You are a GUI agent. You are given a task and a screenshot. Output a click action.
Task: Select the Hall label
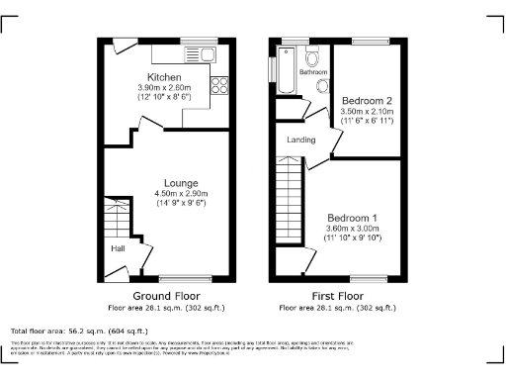click(118, 249)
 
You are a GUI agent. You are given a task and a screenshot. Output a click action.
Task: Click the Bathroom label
click(313, 72)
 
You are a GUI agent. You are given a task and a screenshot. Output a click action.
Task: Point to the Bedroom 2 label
click(367, 101)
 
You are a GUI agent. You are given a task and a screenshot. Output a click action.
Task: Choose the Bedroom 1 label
click(353, 217)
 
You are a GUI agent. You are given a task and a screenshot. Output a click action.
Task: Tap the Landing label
click(301, 140)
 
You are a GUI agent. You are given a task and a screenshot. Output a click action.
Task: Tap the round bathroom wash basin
click(322, 86)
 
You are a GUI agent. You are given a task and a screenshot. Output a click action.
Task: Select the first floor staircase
click(288, 204)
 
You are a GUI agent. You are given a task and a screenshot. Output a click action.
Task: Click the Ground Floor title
click(166, 296)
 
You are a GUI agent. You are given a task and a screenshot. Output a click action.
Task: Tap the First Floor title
click(338, 296)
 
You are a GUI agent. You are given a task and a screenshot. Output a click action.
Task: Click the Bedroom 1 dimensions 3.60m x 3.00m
click(353, 228)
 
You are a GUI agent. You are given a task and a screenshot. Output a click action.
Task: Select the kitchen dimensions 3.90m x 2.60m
click(166, 88)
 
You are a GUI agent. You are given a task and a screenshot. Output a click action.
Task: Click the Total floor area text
click(79, 331)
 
